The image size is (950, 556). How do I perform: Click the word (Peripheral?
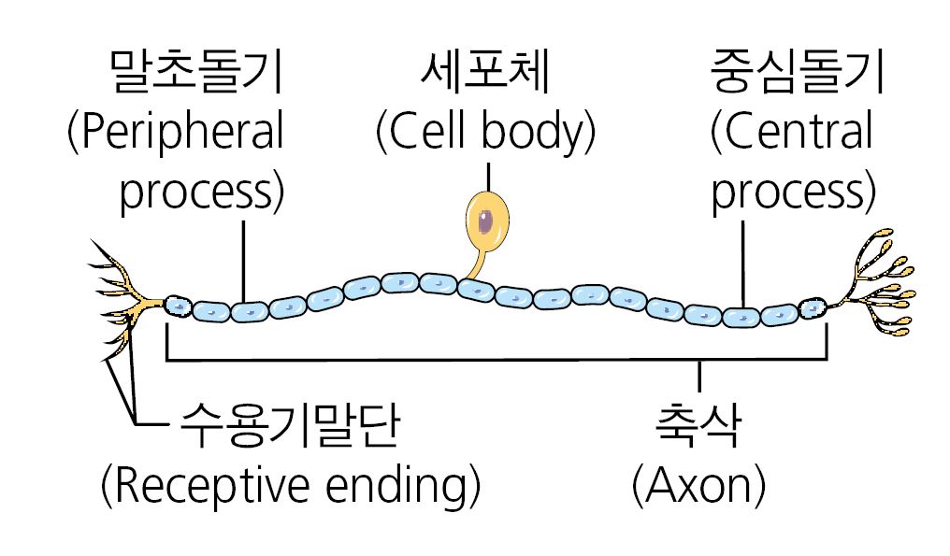click(x=175, y=134)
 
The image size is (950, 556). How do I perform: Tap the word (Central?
click(x=790, y=134)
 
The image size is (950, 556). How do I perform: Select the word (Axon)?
click(x=699, y=485)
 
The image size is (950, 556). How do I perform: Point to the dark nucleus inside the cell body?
click(x=488, y=220)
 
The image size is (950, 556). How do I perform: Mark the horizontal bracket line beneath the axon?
click(x=496, y=358)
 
